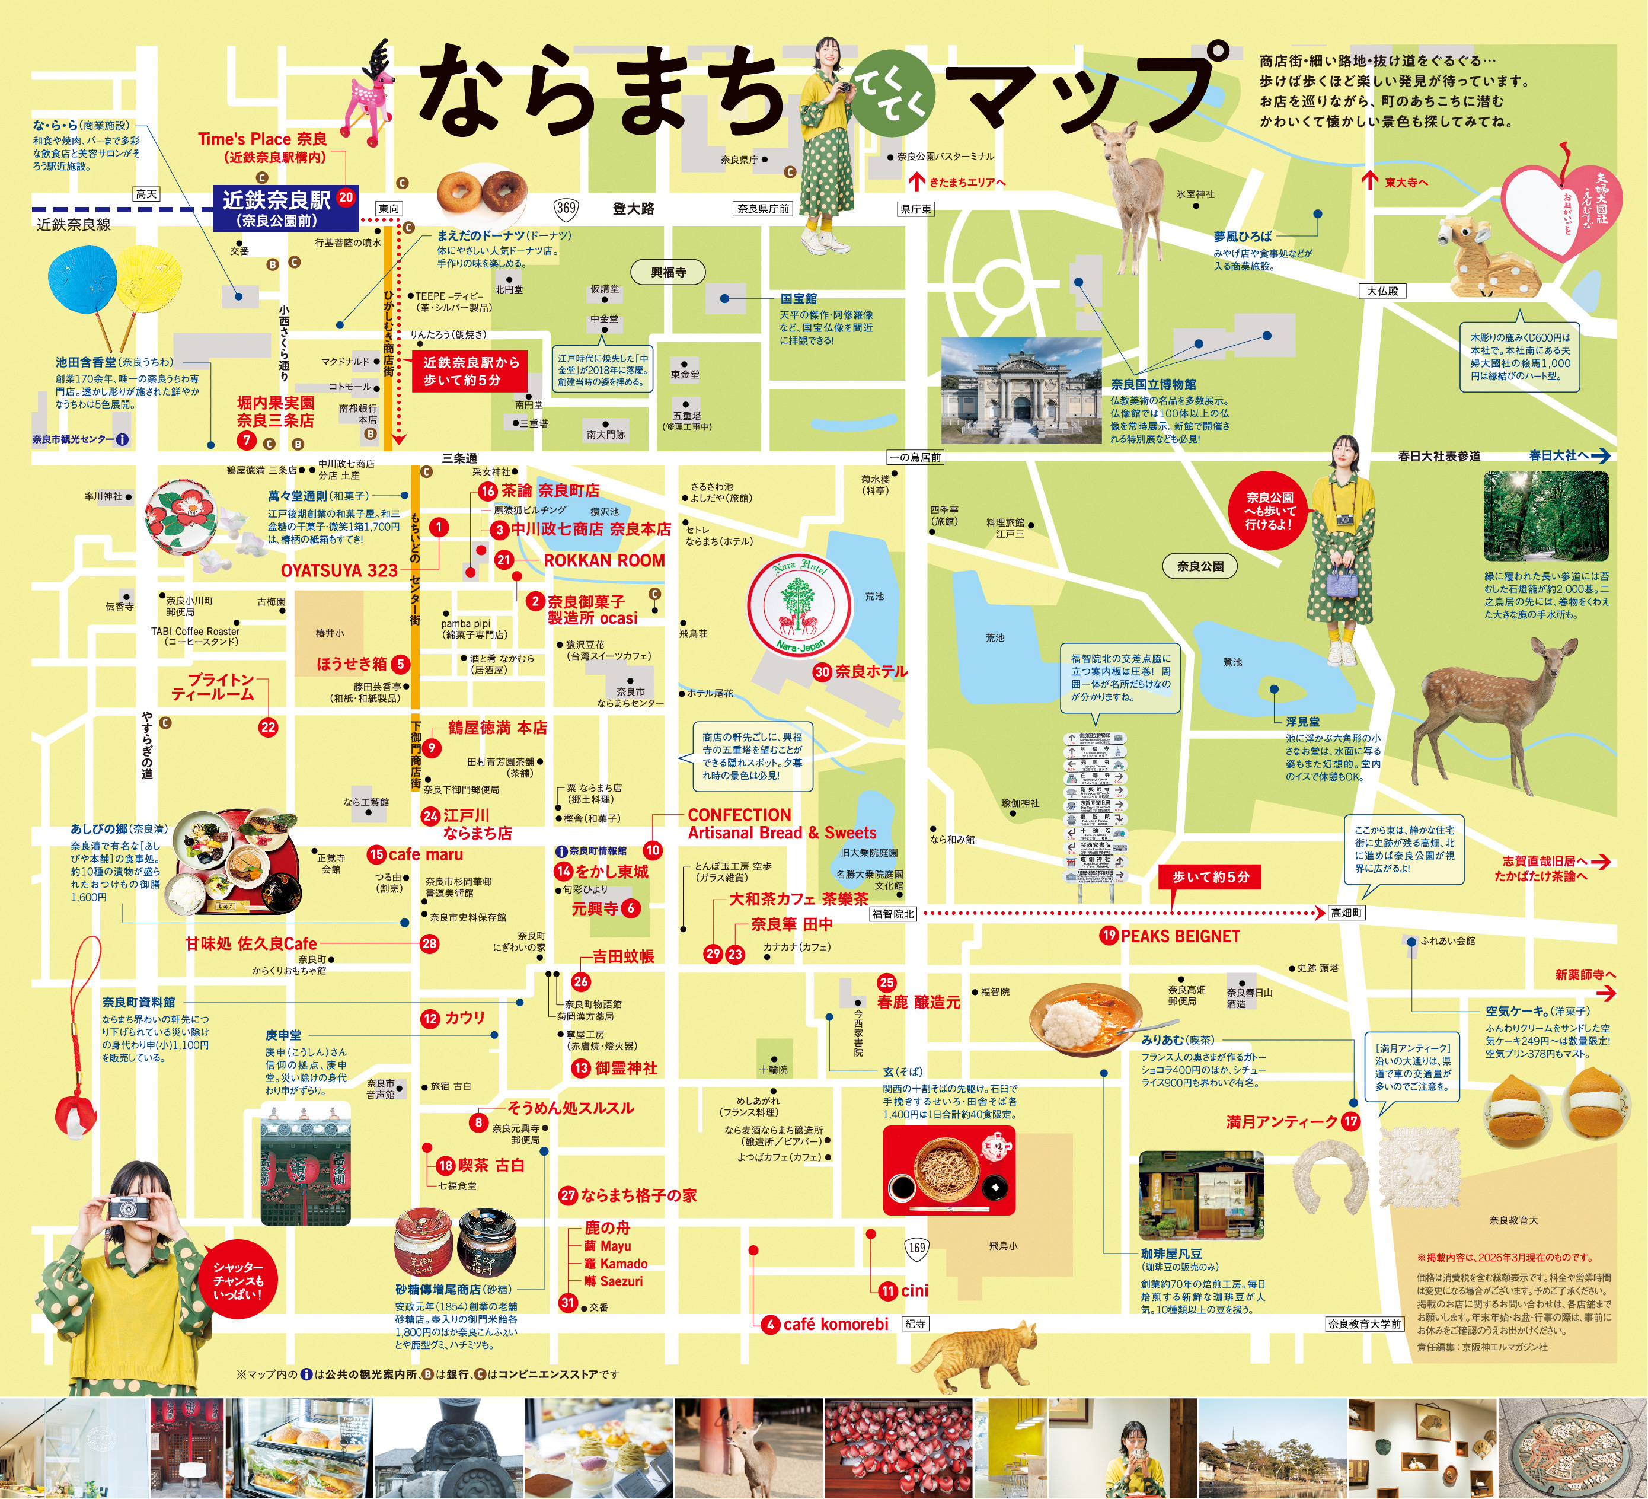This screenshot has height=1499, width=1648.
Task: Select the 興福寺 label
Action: pyautogui.click(x=668, y=272)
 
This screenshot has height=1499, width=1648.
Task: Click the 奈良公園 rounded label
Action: pyautogui.click(x=1199, y=566)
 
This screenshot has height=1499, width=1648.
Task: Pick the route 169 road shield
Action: pyautogui.click(x=916, y=1247)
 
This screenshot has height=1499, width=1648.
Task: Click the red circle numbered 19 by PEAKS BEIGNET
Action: pyautogui.click(x=1109, y=936)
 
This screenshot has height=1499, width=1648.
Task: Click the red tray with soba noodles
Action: pyautogui.click(x=948, y=1169)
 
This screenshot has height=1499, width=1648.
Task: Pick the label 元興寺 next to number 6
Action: pyautogui.click(x=595, y=908)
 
